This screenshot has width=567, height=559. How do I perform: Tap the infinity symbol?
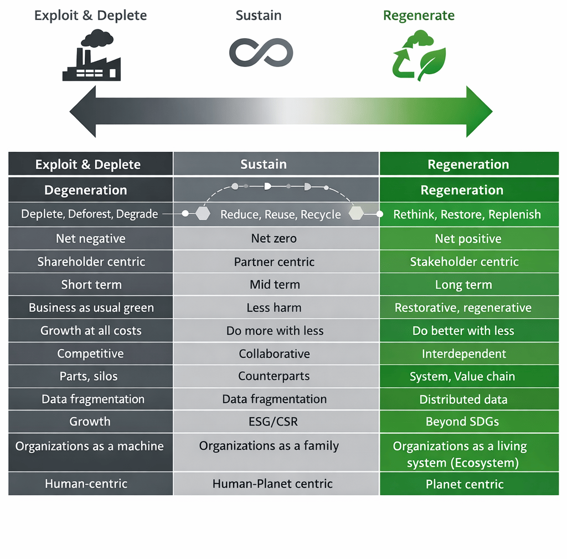[x=261, y=53]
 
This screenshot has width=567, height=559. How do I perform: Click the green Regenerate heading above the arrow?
[x=419, y=16]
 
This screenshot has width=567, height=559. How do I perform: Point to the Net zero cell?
[x=274, y=239]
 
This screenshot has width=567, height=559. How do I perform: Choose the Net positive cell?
[x=468, y=239]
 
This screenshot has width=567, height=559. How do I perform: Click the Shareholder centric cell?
[x=91, y=261]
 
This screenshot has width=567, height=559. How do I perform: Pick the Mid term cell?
[x=275, y=285]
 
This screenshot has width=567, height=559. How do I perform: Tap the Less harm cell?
[x=274, y=307]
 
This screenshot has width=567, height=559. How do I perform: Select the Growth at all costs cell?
[x=91, y=331]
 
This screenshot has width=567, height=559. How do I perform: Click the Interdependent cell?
[x=464, y=353]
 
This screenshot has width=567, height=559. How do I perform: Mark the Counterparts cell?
[x=274, y=376]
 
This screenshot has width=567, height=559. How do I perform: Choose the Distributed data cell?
[x=463, y=399]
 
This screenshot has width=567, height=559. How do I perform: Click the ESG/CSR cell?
[x=274, y=422]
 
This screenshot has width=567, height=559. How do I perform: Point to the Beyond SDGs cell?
[x=462, y=422]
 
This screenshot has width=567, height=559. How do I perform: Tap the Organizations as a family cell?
[x=269, y=446]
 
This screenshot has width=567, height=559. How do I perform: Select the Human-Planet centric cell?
[x=272, y=484]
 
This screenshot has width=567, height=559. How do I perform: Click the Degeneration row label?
[x=86, y=190]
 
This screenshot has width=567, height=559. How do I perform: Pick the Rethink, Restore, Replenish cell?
[x=467, y=214]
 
